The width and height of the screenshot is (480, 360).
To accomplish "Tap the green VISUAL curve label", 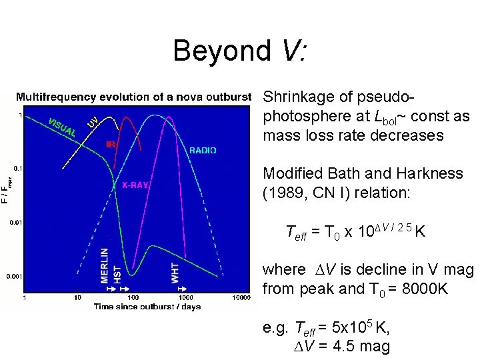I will click(x=62, y=127).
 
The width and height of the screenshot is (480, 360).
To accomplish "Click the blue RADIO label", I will click(x=203, y=151).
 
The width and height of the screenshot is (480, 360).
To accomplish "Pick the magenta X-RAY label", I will click(x=135, y=185).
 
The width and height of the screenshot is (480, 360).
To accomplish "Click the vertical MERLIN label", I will click(x=105, y=265).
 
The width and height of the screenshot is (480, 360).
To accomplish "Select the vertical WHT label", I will click(x=175, y=272).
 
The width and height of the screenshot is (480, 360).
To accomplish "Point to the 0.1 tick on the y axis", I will click(x=18, y=168).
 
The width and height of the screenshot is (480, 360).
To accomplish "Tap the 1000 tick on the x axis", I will click(x=185, y=297).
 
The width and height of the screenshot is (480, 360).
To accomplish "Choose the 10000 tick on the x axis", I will click(x=241, y=297).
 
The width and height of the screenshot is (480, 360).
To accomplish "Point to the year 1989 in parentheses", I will click(x=285, y=193).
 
